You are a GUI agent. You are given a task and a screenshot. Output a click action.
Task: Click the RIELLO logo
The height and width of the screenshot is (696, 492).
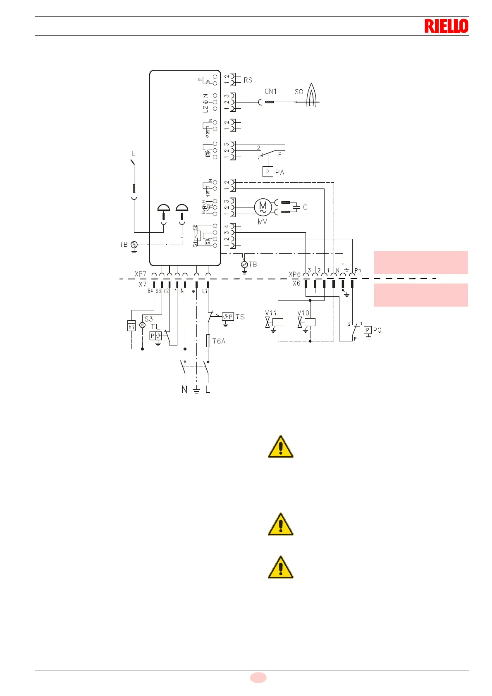click(x=446, y=26)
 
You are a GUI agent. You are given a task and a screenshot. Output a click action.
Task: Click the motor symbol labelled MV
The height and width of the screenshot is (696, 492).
click(x=263, y=207)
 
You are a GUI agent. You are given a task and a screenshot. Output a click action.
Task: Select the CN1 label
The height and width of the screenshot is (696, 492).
click(x=270, y=91)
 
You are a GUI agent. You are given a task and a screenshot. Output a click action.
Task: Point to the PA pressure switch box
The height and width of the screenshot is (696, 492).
click(x=268, y=172)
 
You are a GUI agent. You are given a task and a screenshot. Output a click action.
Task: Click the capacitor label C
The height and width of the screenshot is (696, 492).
click(x=305, y=207)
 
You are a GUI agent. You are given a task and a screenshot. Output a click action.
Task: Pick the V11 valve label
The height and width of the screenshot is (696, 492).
click(x=271, y=313)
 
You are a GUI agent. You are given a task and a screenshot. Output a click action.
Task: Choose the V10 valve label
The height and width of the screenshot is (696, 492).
click(x=303, y=313)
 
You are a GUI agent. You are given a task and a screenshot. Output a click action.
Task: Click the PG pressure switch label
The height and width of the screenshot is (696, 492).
click(x=377, y=330)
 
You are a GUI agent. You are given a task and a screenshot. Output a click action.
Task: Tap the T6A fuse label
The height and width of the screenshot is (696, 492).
click(x=219, y=341)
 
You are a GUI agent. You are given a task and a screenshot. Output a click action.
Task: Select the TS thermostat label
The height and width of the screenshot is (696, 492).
click(x=240, y=317)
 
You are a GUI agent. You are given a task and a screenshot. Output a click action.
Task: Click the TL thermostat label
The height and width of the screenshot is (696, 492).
click(x=155, y=327)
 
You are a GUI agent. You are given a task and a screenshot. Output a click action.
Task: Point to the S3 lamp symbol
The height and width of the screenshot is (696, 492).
click(x=143, y=325)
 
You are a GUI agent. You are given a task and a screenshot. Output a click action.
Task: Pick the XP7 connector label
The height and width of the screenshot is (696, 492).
click(x=141, y=274)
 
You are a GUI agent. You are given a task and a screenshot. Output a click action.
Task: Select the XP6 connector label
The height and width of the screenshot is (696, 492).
click(x=294, y=274)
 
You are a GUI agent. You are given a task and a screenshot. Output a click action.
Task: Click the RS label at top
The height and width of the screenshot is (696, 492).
click(x=248, y=80)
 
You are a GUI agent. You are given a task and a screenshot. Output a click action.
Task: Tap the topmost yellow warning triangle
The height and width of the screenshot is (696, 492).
click(x=281, y=447)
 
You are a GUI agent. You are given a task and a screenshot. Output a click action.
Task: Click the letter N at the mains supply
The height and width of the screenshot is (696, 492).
click(x=184, y=389)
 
